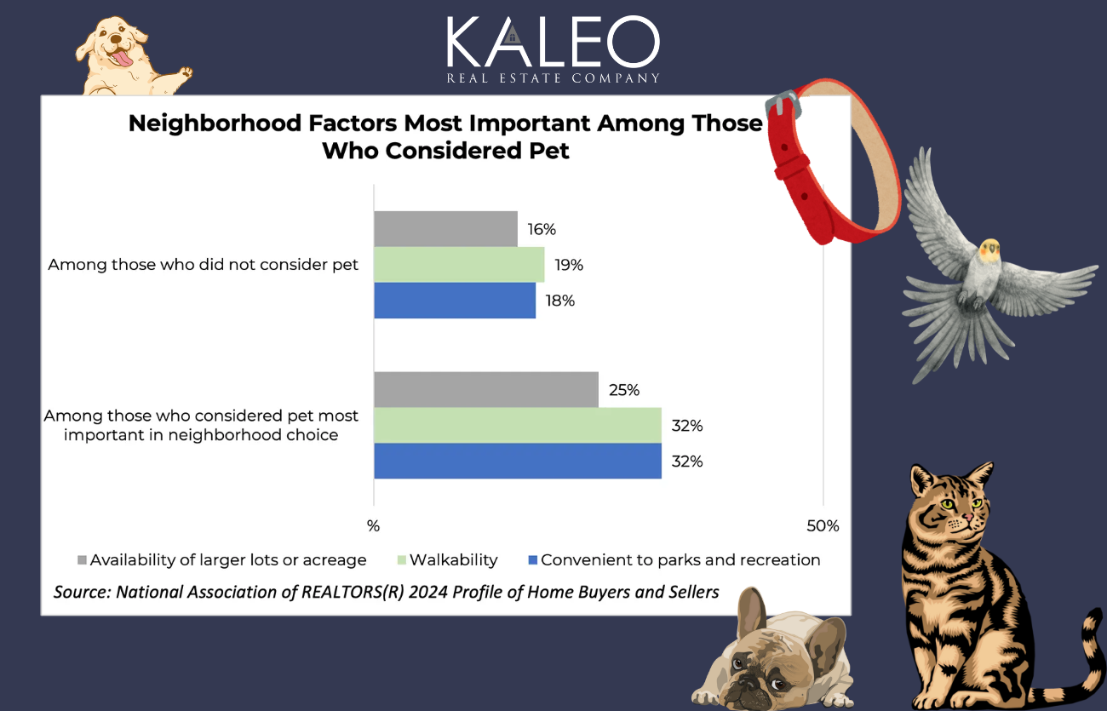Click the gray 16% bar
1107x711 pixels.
445,228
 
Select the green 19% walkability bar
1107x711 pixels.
459,264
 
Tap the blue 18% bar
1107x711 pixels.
455,301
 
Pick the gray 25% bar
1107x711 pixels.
485,390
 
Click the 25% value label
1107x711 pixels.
624,391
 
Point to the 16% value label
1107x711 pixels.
542,229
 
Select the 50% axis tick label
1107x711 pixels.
823,526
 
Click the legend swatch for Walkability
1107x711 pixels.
402,560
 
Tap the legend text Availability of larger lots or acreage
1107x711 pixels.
228,560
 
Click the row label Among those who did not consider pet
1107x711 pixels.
204,265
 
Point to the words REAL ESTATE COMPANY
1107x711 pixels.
553,78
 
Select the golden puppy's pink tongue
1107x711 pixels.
124,58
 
